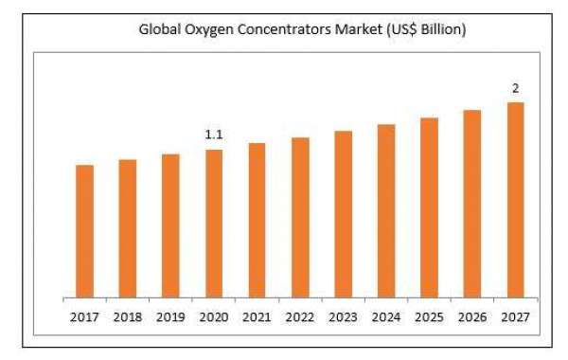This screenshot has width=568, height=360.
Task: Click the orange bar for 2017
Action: [84, 230]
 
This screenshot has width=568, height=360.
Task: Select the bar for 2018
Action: [128, 227]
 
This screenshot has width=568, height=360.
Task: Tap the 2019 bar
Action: [170, 225]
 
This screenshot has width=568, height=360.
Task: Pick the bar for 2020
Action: [214, 223]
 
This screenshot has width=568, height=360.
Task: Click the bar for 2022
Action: [300, 217]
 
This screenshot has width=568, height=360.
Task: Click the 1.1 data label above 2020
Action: [214, 135]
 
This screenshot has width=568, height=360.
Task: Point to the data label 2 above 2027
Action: [516, 88]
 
